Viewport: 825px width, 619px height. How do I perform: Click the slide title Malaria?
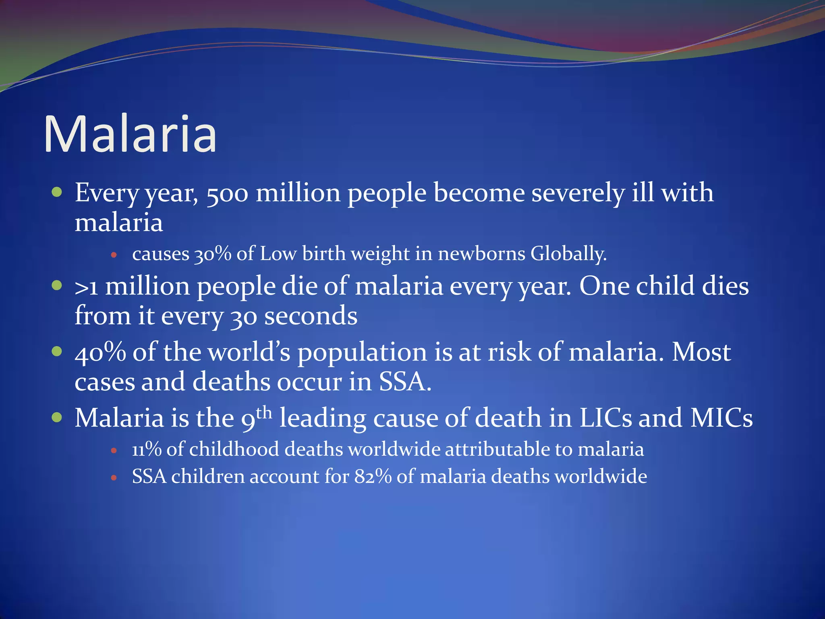(130, 134)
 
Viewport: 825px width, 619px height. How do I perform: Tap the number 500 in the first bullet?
(227, 193)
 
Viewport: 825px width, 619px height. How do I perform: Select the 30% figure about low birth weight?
(212, 254)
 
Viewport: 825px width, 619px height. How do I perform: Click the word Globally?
(568, 254)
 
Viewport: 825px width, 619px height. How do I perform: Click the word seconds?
(311, 316)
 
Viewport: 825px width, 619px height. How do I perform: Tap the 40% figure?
(100, 352)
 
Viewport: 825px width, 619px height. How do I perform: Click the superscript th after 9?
(264, 413)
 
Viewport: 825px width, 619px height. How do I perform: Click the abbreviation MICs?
(721, 418)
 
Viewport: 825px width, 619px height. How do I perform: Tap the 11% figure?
(146, 449)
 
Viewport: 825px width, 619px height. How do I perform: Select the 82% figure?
(373, 477)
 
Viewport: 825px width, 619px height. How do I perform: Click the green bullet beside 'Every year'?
(57, 192)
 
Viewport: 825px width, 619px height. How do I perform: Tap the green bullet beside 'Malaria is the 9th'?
(57, 417)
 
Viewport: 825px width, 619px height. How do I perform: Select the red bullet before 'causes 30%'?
(114, 255)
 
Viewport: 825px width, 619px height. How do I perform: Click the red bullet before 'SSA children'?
(114, 478)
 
